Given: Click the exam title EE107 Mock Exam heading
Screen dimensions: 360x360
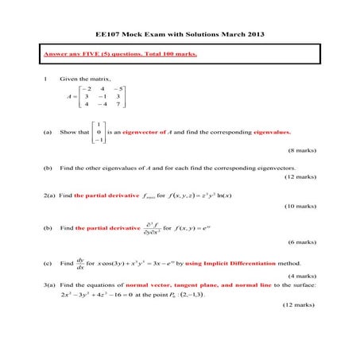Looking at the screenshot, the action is tap(180, 34).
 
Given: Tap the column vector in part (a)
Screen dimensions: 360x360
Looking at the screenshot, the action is tap(97, 132).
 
